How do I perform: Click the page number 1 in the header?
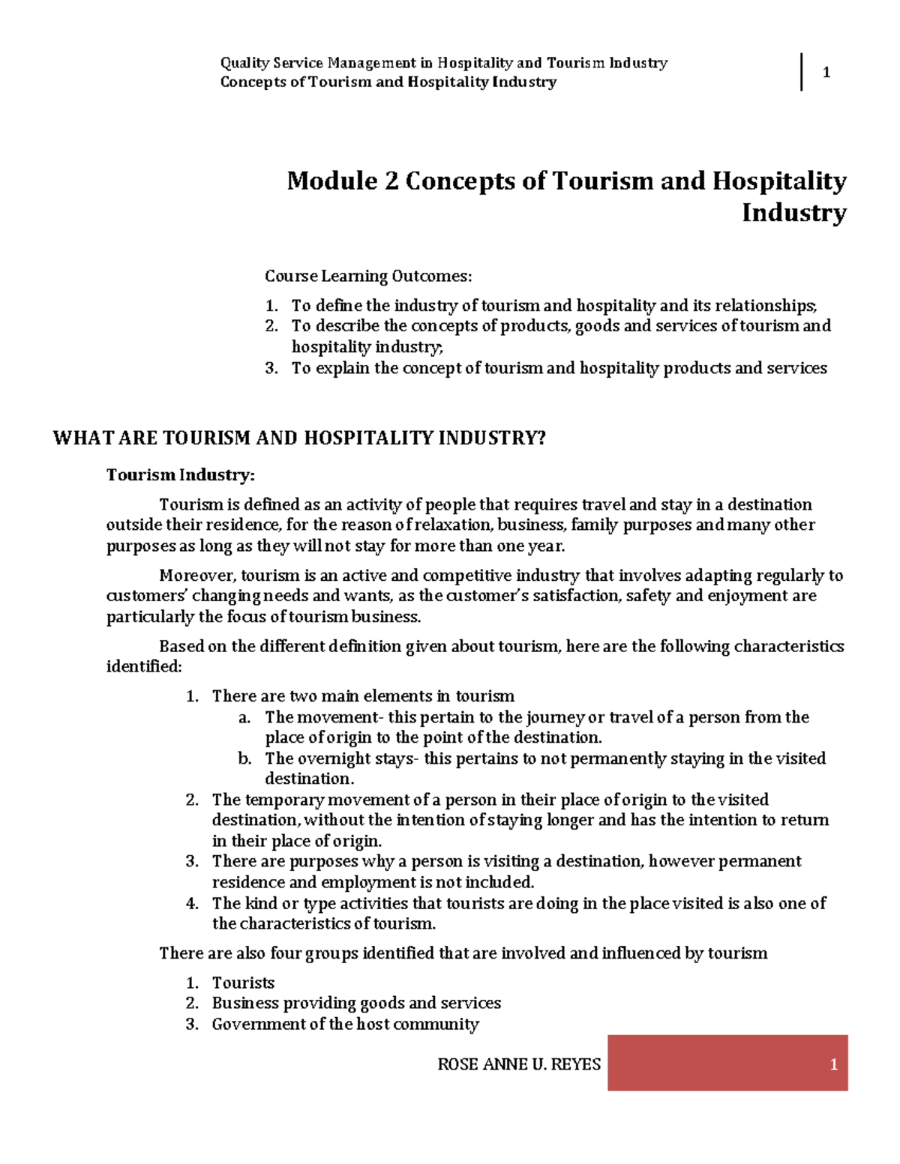tap(826, 73)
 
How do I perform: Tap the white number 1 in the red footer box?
tap(833, 1064)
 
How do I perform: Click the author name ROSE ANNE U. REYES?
tap(519, 1064)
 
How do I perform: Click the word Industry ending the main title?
tap(793, 214)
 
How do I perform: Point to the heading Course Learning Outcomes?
tap(368, 277)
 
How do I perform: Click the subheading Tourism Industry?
tap(181, 475)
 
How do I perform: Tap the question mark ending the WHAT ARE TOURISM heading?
tap(541, 438)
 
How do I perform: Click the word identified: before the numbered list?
tap(144, 667)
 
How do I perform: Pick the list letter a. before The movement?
tap(244, 717)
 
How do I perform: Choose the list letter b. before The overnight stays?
tap(244, 759)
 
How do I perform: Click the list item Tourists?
tap(243, 983)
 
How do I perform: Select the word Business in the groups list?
tap(244, 1004)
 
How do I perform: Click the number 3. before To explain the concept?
tap(271, 368)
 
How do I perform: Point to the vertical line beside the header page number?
tap(802, 72)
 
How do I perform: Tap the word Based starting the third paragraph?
tap(181, 647)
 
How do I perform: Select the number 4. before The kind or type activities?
tap(192, 904)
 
